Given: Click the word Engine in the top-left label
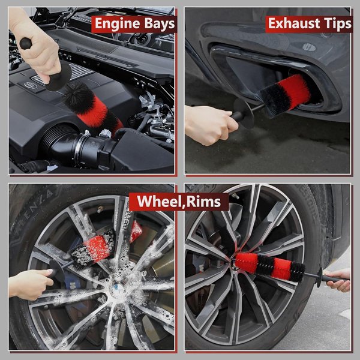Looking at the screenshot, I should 115,24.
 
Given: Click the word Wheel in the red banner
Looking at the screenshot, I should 158,202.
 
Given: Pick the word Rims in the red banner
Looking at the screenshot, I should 205,202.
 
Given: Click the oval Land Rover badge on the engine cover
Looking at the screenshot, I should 30,86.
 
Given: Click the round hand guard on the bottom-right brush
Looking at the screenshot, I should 319,277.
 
